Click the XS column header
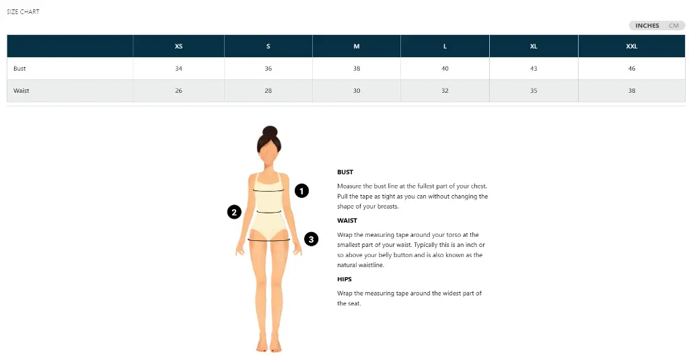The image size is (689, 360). [178, 46]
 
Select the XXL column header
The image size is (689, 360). [631, 46]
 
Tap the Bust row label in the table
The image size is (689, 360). [20, 69]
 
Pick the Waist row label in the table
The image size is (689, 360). [22, 91]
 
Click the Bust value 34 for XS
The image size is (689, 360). [178, 69]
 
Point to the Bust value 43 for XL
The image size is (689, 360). [534, 69]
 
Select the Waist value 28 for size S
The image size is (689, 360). [268, 91]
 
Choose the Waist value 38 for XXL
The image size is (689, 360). [631, 91]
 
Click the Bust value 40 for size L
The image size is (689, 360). [445, 69]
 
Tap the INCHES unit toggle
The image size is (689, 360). [647, 26]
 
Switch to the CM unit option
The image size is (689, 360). [674, 26]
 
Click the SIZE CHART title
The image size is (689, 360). [23, 11]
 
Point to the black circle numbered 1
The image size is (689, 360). [302, 190]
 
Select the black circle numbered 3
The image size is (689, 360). [311, 238]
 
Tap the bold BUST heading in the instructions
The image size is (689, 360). [345, 172]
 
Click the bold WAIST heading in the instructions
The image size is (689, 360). [347, 221]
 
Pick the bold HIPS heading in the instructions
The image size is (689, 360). [344, 279]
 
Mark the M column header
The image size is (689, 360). [357, 46]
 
